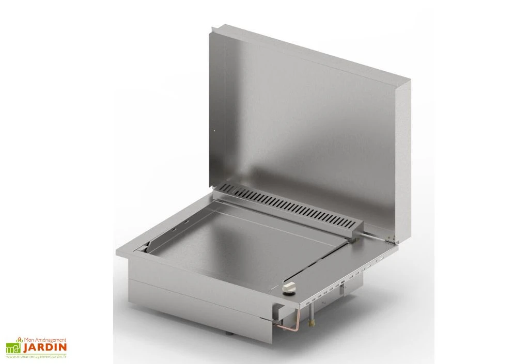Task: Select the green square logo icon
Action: (13, 347)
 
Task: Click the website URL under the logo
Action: (36, 357)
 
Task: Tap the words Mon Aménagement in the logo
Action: (44, 340)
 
